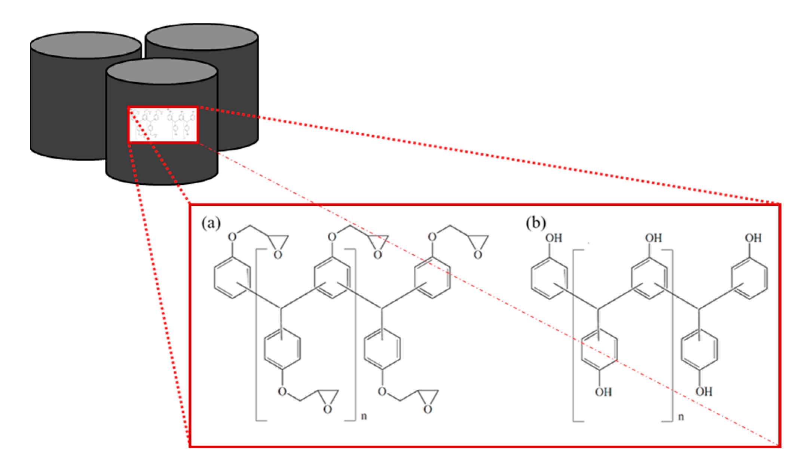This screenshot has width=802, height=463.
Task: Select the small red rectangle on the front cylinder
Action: pyautogui.click(x=163, y=125)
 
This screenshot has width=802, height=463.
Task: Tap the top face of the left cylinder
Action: pyautogui.click(x=86, y=45)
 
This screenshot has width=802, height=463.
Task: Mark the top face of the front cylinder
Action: pyautogui.click(x=162, y=72)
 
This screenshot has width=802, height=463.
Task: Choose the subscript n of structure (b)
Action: pyautogui.click(x=681, y=416)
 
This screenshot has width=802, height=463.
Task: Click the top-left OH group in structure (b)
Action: pyautogui.click(x=553, y=238)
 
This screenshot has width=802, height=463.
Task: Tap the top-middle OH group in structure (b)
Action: pyautogui.click(x=653, y=238)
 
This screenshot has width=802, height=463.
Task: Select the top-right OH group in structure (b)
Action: pyautogui.click(x=753, y=238)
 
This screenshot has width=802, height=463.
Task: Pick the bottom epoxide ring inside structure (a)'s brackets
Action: pyautogui.click(x=328, y=400)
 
